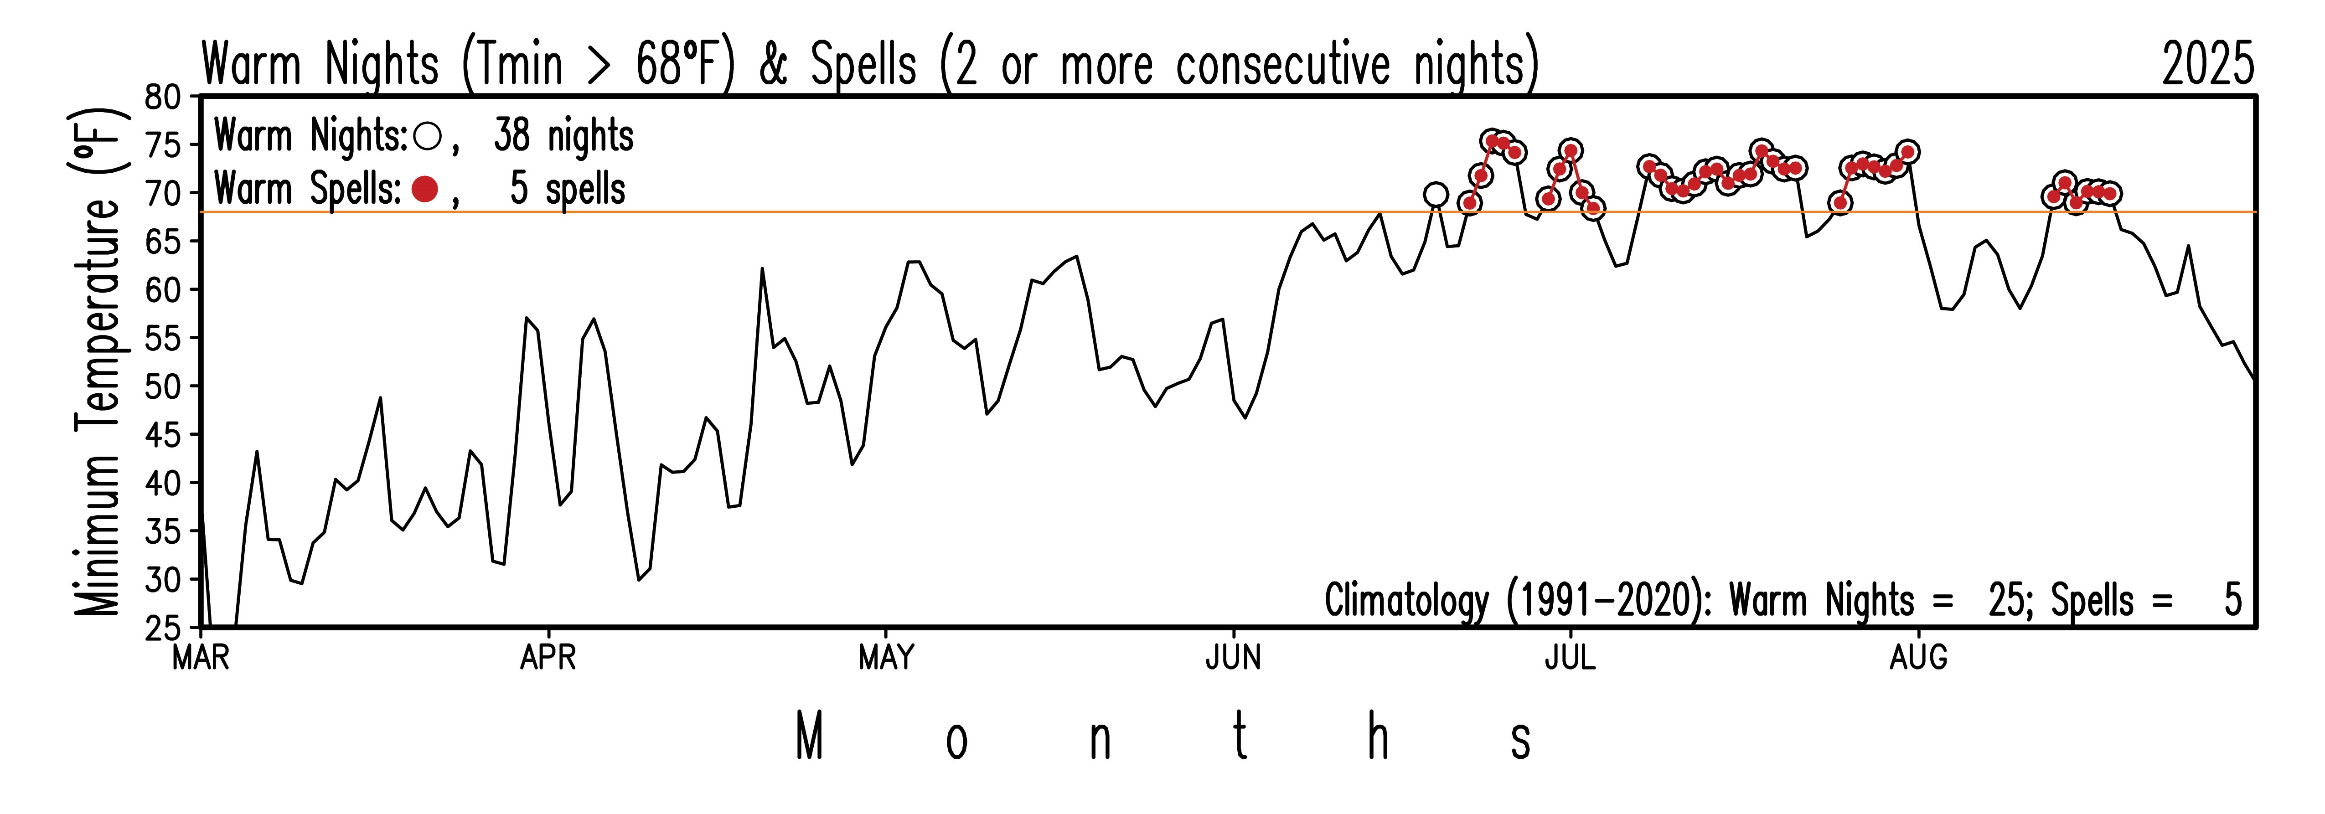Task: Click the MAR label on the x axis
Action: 201,658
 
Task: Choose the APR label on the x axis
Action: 548,658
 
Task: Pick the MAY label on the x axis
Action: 886,658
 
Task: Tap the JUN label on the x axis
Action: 1233,658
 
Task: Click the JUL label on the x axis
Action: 1571,658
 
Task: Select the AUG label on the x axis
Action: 1918,658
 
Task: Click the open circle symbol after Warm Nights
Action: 426,137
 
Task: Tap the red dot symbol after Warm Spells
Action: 424,190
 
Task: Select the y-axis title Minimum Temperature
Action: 98,361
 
